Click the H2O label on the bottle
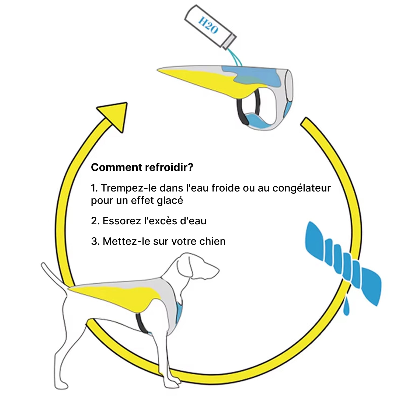208,25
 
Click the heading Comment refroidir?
142,167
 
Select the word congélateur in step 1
301,188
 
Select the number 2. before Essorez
95,221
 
